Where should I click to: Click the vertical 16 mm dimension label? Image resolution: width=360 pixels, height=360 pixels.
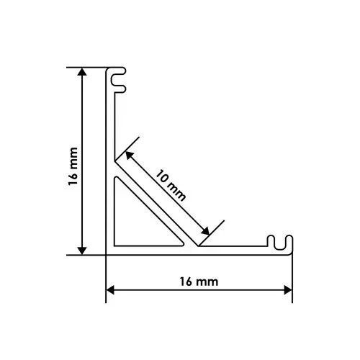click(x=73, y=166)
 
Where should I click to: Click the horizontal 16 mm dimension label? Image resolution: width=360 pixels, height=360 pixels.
click(x=199, y=282)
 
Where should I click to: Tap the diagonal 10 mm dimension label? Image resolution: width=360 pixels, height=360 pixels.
click(x=171, y=185)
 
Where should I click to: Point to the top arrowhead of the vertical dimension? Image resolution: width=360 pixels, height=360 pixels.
click(x=82, y=72)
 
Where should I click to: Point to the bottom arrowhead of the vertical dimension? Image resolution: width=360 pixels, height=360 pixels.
click(x=82, y=251)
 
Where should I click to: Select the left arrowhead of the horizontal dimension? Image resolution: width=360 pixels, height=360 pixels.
click(x=110, y=290)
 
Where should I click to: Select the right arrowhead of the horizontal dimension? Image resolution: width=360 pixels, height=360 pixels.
click(x=288, y=290)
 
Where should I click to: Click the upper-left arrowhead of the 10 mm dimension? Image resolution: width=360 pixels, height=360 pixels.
click(x=130, y=156)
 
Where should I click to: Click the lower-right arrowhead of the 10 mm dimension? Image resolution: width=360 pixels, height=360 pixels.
click(x=205, y=231)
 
